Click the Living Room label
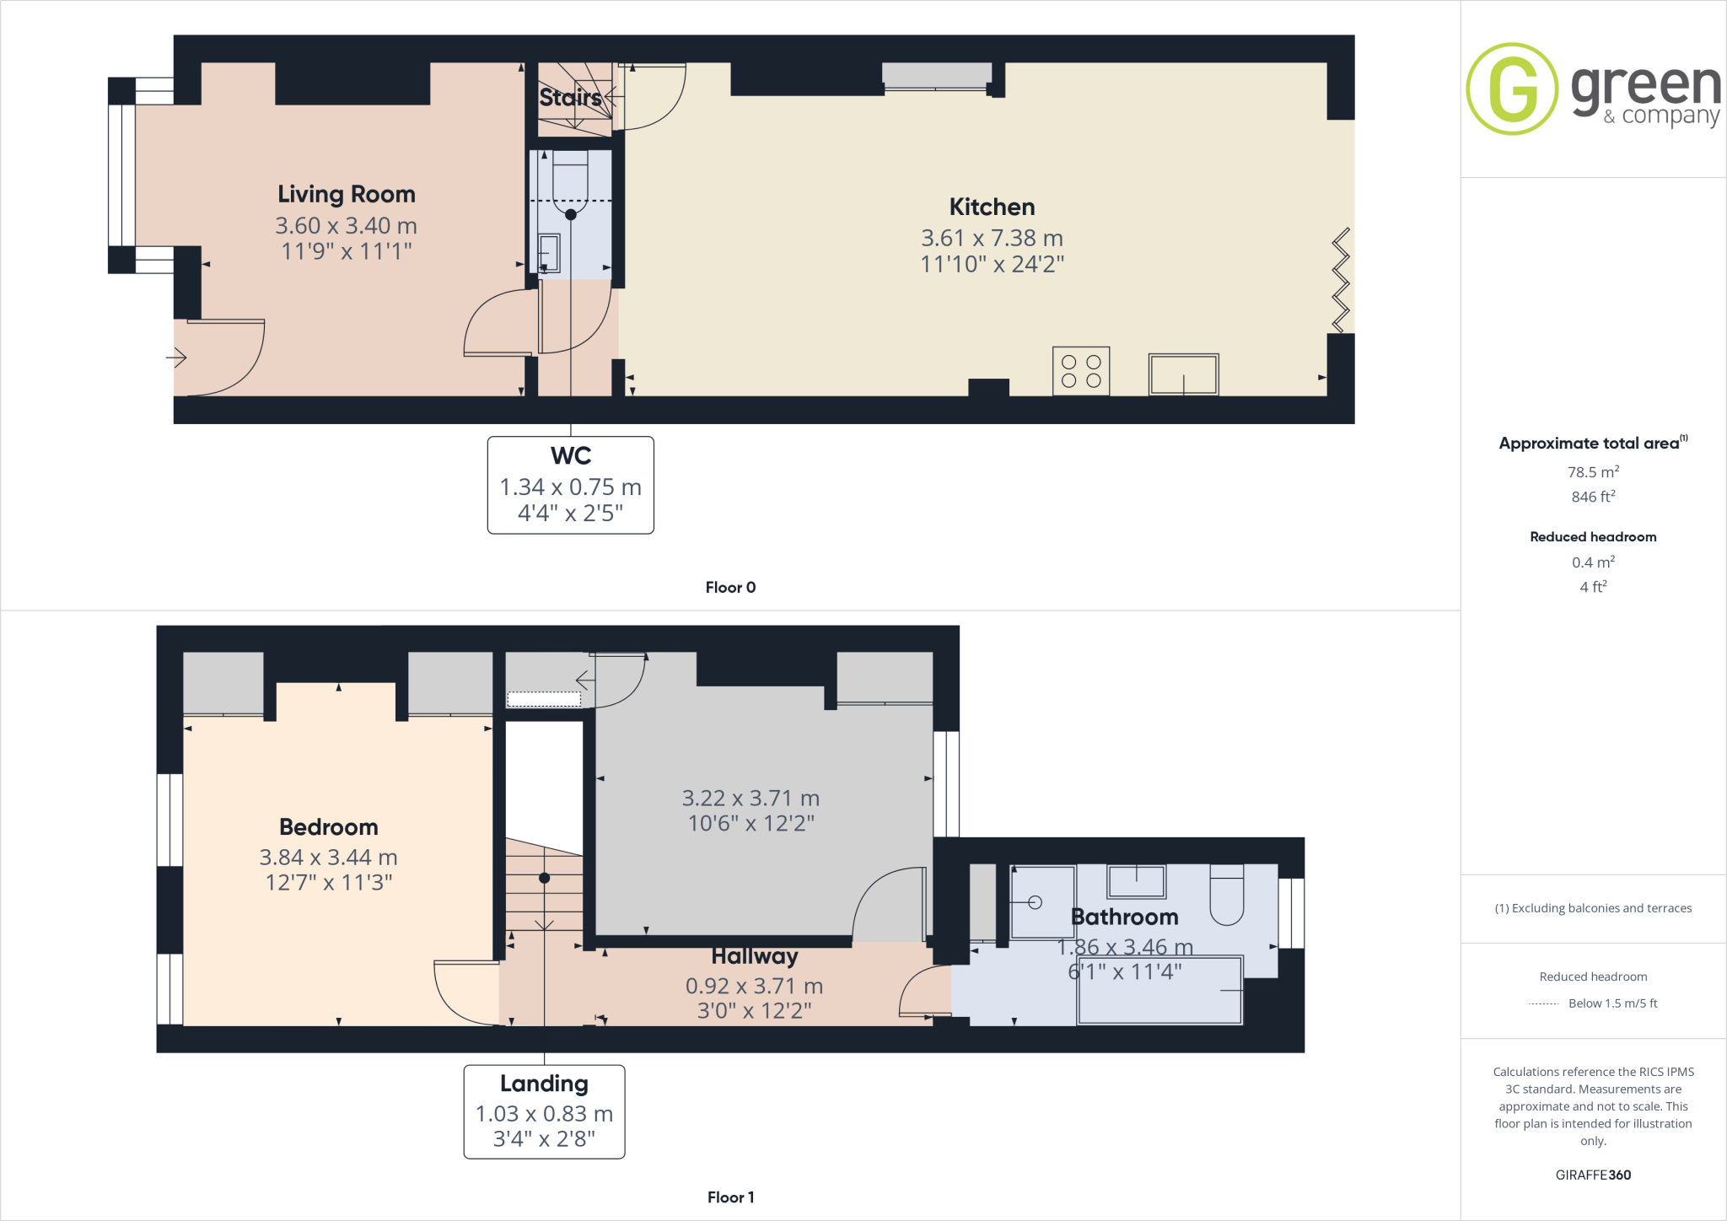pyautogui.click(x=347, y=195)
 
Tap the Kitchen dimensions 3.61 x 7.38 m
pyautogui.click(x=992, y=239)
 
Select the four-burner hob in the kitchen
pyautogui.click(x=1081, y=371)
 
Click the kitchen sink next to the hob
pyautogui.click(x=1183, y=374)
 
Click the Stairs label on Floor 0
pyautogui.click(x=570, y=98)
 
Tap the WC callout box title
pyautogui.click(x=571, y=456)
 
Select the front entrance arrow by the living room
pyautogui.click(x=176, y=358)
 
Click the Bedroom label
pyautogui.click(x=328, y=827)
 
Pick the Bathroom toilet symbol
pyautogui.click(x=1226, y=896)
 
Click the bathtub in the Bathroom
pyautogui.click(x=1160, y=990)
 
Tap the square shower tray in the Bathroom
pyautogui.click(x=1042, y=902)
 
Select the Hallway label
pyautogui.click(x=754, y=957)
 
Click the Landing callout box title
pyautogui.click(x=544, y=1084)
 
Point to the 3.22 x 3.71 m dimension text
pyautogui.click(x=751, y=799)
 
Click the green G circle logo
pyautogui.click(x=1512, y=89)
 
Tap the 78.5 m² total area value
pyautogui.click(x=1593, y=472)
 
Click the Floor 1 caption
pyautogui.click(x=730, y=1197)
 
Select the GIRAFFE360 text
pyautogui.click(x=1593, y=1175)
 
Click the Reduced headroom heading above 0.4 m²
pyautogui.click(x=1593, y=537)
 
